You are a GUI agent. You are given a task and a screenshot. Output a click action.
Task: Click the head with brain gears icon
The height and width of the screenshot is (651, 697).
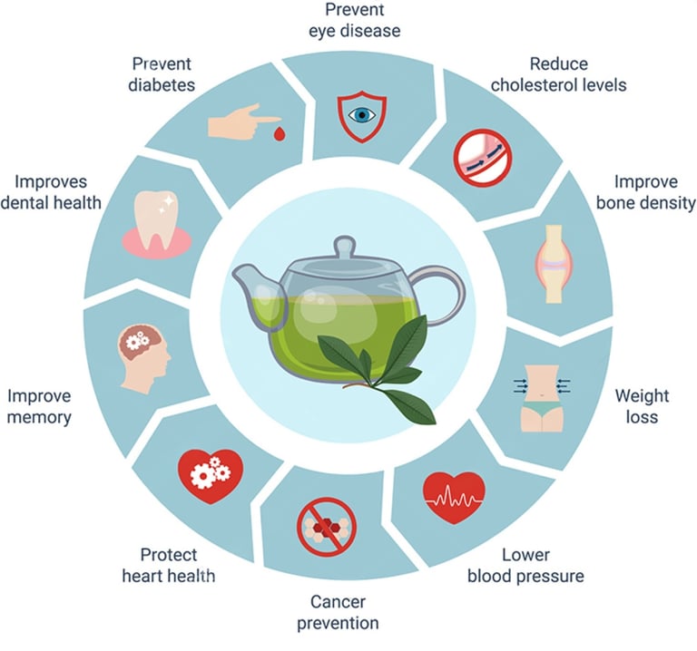click(x=146, y=356)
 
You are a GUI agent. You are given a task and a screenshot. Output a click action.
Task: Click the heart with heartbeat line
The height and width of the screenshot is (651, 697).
click(x=454, y=498)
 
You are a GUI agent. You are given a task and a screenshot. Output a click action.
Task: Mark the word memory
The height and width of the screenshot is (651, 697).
click(x=39, y=419)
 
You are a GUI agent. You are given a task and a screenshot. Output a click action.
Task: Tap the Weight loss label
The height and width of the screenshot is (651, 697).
click(x=643, y=407)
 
